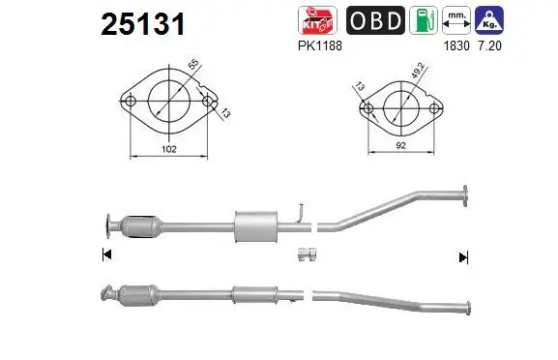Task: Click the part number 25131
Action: [x=143, y=24]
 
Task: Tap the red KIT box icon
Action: [x=317, y=20]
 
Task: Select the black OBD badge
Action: [x=375, y=20]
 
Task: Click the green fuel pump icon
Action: [x=424, y=20]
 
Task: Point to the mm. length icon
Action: [x=456, y=20]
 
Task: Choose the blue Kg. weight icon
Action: [x=489, y=20]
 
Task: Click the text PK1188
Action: [x=320, y=45]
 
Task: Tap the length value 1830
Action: [x=456, y=45]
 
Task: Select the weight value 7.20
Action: [x=489, y=45]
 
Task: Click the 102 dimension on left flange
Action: [x=169, y=149]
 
